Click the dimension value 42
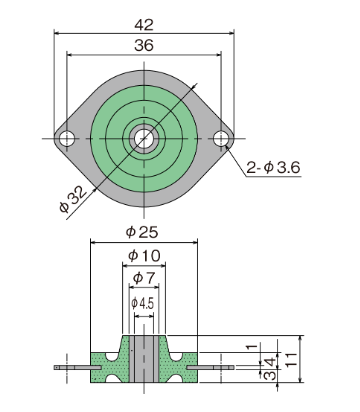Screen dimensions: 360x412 coord(144,25)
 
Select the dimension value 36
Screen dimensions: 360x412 coord(144,45)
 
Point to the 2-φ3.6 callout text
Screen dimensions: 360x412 coord(273,167)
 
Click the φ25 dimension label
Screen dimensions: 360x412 coord(142,232)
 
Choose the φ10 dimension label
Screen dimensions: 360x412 coord(144,256)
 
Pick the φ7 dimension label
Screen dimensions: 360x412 coord(144,278)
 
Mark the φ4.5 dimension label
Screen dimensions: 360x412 coord(143,303)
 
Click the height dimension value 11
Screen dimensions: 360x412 coord(292,360)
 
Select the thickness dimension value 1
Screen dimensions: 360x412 coord(252,347)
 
